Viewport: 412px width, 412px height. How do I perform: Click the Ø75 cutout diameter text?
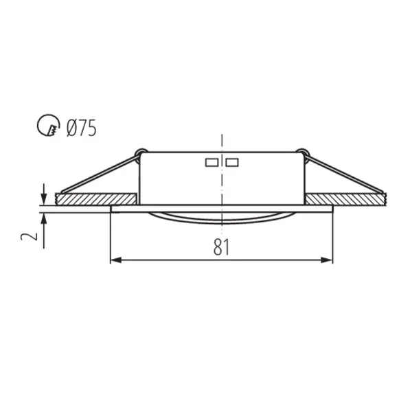[x=81, y=128]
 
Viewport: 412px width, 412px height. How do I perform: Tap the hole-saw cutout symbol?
[x=47, y=126]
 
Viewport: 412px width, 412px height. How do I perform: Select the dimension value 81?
[x=220, y=247]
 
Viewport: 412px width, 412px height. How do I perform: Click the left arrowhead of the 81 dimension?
[x=115, y=260]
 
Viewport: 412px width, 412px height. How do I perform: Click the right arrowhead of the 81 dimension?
[x=328, y=260]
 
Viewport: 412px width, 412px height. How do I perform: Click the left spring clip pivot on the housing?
[x=141, y=152]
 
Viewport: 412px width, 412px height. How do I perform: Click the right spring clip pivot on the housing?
[x=301, y=152]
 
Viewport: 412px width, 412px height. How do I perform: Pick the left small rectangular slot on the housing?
[x=211, y=163]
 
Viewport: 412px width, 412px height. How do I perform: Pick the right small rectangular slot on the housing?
[x=232, y=163]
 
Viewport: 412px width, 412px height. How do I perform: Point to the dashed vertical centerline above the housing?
[x=222, y=141]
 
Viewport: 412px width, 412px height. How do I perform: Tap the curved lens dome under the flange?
[x=221, y=218]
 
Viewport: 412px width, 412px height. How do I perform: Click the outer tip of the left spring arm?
[x=62, y=191]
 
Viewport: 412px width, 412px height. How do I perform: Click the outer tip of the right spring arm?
[x=381, y=191]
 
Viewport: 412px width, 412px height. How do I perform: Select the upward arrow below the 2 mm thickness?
[x=44, y=218]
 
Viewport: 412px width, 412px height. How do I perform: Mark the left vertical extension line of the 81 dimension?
[x=111, y=237]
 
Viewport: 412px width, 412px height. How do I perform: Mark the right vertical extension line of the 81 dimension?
[x=332, y=237]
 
